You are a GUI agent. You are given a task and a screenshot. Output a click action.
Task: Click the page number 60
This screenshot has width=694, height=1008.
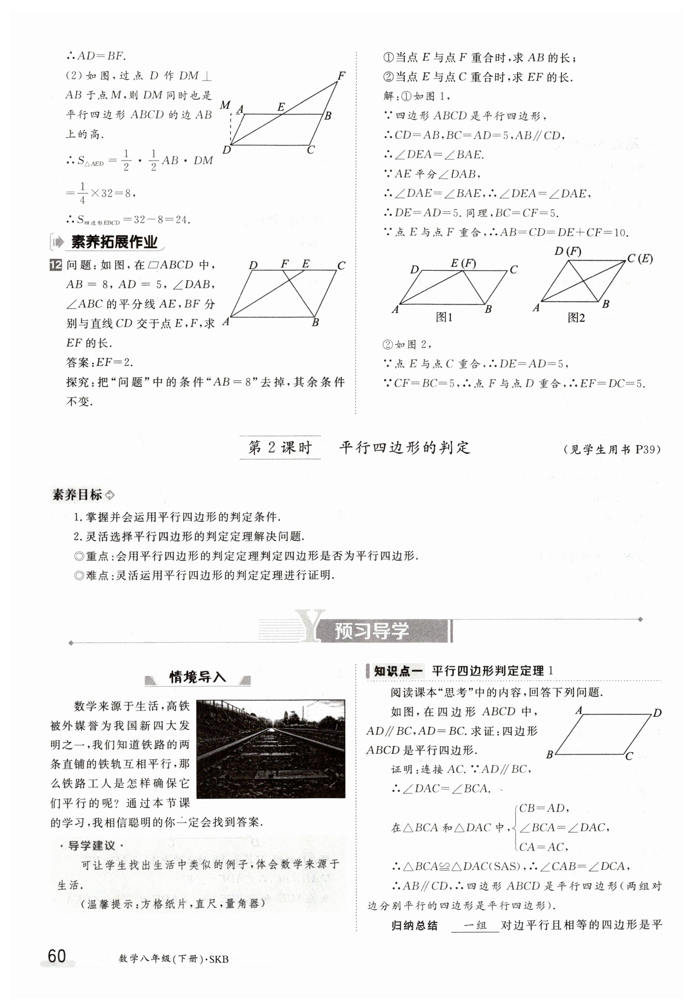(x=57, y=956)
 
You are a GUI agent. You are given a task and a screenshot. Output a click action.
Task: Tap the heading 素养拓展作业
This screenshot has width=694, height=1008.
(x=114, y=242)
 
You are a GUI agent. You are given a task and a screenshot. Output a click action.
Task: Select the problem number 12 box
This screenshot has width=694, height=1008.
(x=56, y=265)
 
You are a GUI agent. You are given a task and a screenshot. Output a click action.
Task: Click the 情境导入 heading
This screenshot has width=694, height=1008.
(x=198, y=677)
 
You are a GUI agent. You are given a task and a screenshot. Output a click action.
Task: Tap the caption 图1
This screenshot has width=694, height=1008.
(x=444, y=318)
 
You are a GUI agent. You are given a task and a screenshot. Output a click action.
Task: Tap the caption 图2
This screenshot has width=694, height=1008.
(x=576, y=318)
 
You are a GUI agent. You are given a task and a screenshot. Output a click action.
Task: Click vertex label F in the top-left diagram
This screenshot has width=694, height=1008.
(x=341, y=76)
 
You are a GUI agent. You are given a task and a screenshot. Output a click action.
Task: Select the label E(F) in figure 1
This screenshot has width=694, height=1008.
(x=463, y=263)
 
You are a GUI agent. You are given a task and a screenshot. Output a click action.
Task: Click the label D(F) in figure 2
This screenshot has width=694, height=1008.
(x=568, y=251)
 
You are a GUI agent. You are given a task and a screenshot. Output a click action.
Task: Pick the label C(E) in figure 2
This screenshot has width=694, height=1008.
(x=640, y=259)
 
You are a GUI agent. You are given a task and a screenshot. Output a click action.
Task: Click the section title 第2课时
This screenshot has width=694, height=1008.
(x=280, y=448)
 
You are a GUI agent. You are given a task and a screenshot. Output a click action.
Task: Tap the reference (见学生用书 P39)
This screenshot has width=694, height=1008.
(x=612, y=449)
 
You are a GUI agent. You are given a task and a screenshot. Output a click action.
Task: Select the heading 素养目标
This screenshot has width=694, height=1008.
(x=78, y=495)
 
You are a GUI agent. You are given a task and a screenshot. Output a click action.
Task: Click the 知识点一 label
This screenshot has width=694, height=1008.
(x=398, y=671)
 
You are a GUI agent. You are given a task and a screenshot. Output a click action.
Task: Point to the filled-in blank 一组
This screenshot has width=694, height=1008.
(x=475, y=925)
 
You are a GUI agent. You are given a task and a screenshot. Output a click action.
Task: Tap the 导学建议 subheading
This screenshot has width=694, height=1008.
(x=92, y=846)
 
